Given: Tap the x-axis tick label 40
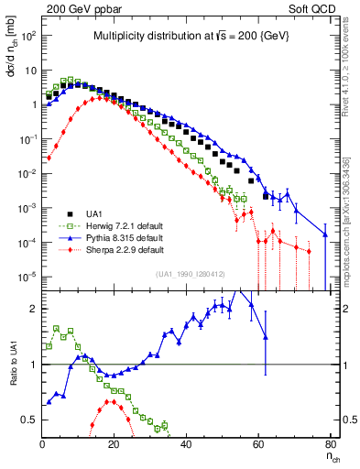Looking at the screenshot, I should pyautogui.click(x=186, y=444).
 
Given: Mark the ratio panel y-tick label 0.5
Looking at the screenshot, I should pyautogui.click(x=29, y=420).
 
